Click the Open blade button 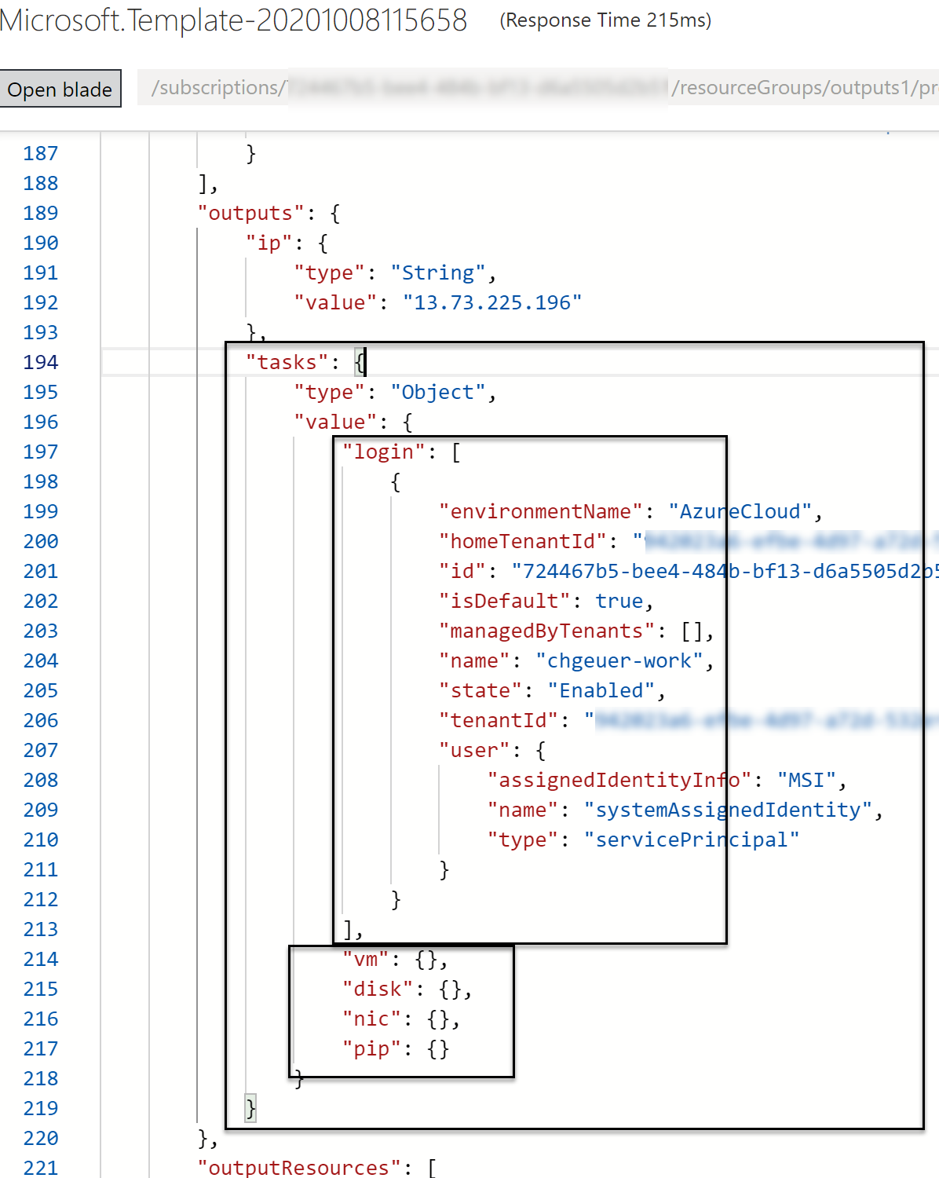coord(60,90)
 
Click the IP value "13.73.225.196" coord(492,303)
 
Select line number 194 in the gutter coord(41,363)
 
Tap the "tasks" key coord(287,363)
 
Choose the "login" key coord(383,452)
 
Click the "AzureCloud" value coord(740,512)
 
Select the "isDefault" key coord(504,602)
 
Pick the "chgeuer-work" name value coord(619,661)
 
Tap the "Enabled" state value coord(601,691)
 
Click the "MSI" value coord(806,781)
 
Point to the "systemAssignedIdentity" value coord(728,810)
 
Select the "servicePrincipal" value coord(692,840)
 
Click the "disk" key coord(377,990)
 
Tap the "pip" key coord(371,1049)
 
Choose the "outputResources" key coord(299,1168)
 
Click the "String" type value coord(438,273)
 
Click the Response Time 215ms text coord(605,20)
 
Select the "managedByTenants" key coord(546,631)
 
